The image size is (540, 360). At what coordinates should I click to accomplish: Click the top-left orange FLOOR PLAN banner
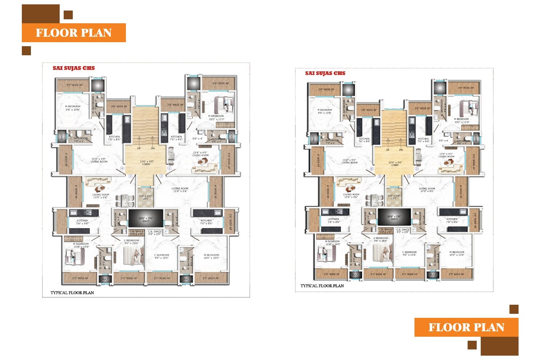(x=74, y=33)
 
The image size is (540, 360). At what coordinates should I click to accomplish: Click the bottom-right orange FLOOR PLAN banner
(x=466, y=327)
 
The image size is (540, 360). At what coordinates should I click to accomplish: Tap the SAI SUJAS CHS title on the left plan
(x=74, y=68)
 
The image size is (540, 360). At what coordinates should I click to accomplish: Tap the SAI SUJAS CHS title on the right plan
(x=325, y=73)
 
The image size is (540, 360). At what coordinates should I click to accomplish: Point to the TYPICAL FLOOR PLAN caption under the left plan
(x=72, y=292)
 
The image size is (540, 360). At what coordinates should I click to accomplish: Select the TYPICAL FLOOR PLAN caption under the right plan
(x=322, y=286)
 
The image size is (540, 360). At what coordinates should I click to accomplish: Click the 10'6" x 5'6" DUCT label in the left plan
(x=146, y=220)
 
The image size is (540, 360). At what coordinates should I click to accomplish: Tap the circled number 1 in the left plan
(x=169, y=168)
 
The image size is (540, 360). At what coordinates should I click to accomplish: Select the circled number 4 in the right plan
(x=372, y=169)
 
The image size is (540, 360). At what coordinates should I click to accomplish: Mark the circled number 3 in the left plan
(x=130, y=176)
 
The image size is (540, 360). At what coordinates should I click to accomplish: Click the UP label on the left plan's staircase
(x=139, y=148)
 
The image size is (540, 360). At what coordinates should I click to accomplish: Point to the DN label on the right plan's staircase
(x=401, y=150)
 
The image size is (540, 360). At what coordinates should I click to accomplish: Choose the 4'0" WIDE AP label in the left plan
(x=221, y=83)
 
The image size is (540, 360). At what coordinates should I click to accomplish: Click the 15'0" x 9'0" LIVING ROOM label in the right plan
(x=349, y=161)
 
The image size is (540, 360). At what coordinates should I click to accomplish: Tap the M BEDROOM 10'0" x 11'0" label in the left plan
(x=216, y=117)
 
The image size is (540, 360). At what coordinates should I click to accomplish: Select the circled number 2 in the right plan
(x=409, y=176)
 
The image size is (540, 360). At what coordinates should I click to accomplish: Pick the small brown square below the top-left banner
(x=26, y=51)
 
